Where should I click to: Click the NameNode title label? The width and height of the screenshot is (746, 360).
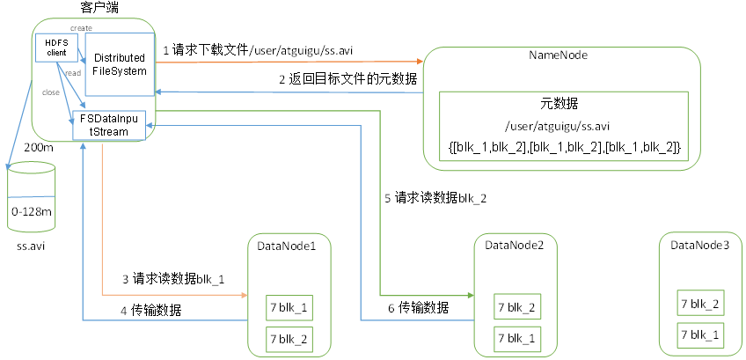click(558, 55)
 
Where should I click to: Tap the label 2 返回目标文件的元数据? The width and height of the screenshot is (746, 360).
click(347, 79)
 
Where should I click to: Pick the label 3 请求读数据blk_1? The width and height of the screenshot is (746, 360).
click(173, 280)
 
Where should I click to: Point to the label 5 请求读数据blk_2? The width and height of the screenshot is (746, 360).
click(435, 197)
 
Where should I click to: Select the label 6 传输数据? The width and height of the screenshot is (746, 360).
click(418, 307)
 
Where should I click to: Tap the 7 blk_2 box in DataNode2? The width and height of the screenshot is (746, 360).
click(517, 307)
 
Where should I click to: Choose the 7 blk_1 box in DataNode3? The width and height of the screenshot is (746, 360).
click(701, 334)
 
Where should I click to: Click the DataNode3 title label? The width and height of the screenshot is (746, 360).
click(699, 245)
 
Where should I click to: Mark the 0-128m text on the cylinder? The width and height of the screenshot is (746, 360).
click(31, 212)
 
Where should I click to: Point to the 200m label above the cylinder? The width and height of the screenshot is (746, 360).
click(39, 148)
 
